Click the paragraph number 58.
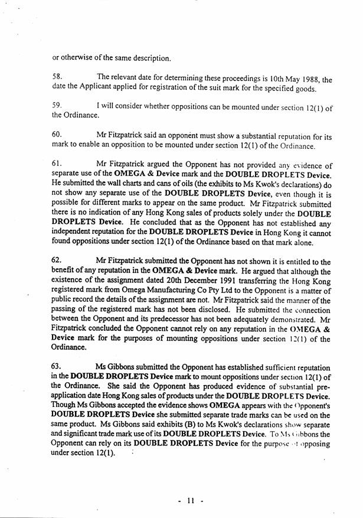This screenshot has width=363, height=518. tap(57, 77)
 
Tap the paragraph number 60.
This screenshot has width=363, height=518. tap(57, 135)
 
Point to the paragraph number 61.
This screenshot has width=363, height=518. tap(57, 165)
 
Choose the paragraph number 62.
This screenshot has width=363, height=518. tap(57, 262)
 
